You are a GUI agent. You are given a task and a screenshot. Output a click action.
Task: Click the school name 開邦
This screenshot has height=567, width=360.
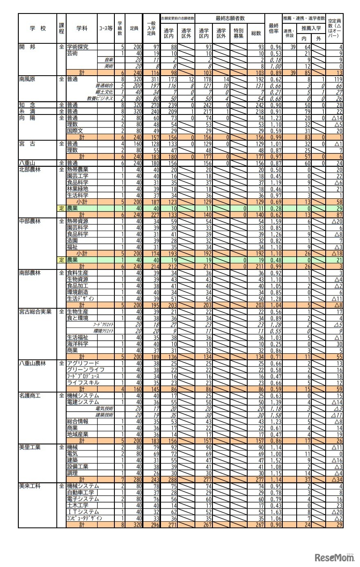tap(27, 47)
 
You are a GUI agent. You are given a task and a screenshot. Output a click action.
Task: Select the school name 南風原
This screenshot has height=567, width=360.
tap(28, 79)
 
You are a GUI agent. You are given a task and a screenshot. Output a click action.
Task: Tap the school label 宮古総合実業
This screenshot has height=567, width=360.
tap(35, 312)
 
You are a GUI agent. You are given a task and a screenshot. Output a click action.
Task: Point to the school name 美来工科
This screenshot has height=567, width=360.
tap(30, 486)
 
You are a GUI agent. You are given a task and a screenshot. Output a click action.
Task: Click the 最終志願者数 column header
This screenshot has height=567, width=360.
tap(230, 18)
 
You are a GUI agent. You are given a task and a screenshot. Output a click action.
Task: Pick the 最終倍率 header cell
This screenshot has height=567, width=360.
tap(273, 28)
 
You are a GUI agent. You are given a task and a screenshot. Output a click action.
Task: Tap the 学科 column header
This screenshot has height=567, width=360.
tap(82, 28)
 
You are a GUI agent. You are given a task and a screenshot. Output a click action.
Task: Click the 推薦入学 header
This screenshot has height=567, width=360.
tap(311, 28)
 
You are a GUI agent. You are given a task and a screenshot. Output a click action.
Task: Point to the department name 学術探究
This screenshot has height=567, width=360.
tap(78, 47)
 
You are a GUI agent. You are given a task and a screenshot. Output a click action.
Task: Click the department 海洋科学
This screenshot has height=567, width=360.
tap(78, 343)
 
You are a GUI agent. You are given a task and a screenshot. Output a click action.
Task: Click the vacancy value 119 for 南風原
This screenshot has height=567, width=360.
tap(337, 79)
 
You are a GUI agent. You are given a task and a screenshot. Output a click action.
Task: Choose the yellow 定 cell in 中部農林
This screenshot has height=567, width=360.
tap(61, 260)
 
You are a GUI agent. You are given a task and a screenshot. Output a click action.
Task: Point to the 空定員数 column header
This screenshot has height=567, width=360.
tap(335, 28)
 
